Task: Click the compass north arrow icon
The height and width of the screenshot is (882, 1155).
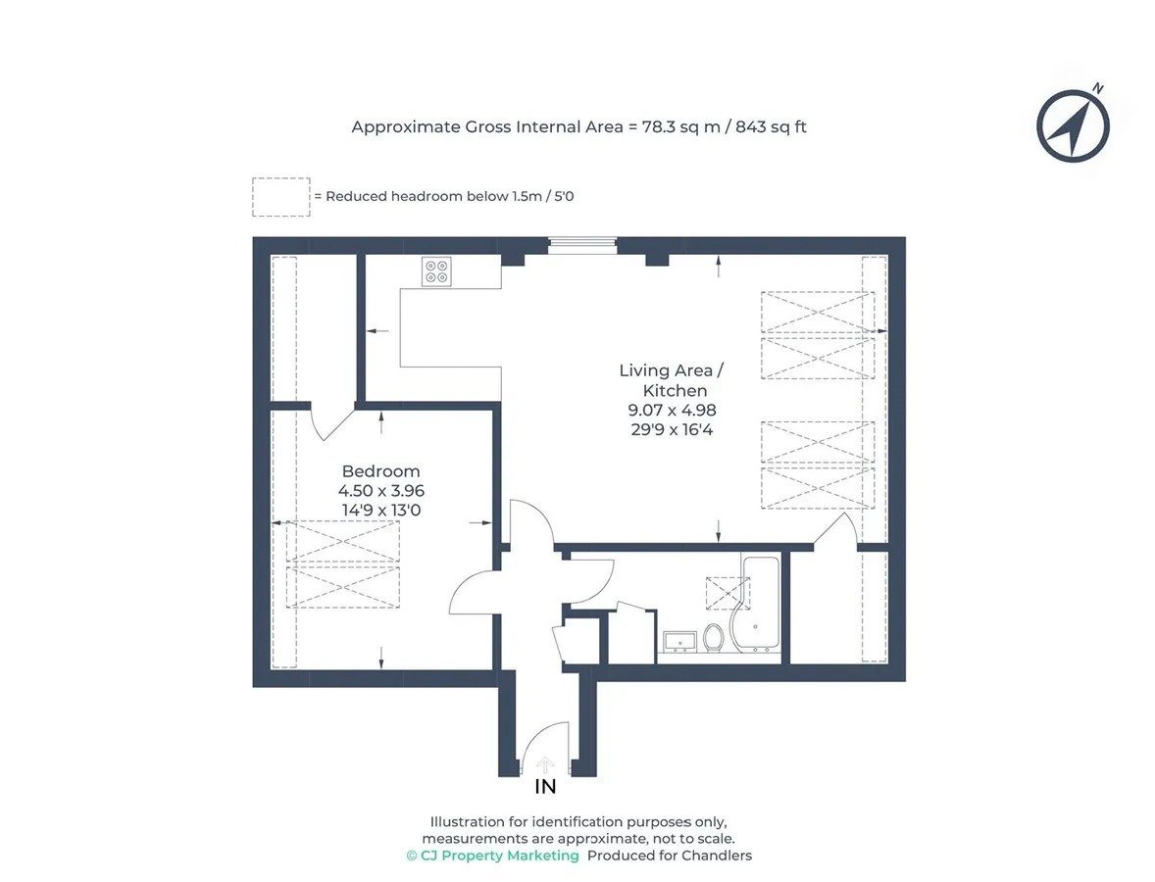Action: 1073,124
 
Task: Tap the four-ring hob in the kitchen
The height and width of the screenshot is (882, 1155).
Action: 437,270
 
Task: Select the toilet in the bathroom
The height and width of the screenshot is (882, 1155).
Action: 713,638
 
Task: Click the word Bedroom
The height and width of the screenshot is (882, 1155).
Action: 380,471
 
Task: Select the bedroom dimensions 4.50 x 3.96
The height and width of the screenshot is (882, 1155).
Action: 381,490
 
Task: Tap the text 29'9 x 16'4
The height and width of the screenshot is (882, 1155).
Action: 672,429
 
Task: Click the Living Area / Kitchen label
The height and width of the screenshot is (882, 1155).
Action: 672,380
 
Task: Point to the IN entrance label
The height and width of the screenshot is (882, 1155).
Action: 545,787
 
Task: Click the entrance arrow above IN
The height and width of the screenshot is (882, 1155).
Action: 544,765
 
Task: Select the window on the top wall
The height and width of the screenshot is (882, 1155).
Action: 582,244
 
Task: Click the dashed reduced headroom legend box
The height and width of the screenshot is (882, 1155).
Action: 281,197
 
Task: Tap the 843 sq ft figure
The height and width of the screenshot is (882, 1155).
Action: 771,126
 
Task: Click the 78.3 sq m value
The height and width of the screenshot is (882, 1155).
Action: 680,126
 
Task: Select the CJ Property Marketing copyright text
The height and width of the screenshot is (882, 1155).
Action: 493,856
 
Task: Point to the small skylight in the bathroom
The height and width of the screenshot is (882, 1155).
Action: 728,594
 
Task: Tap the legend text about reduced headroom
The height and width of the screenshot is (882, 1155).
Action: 444,197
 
